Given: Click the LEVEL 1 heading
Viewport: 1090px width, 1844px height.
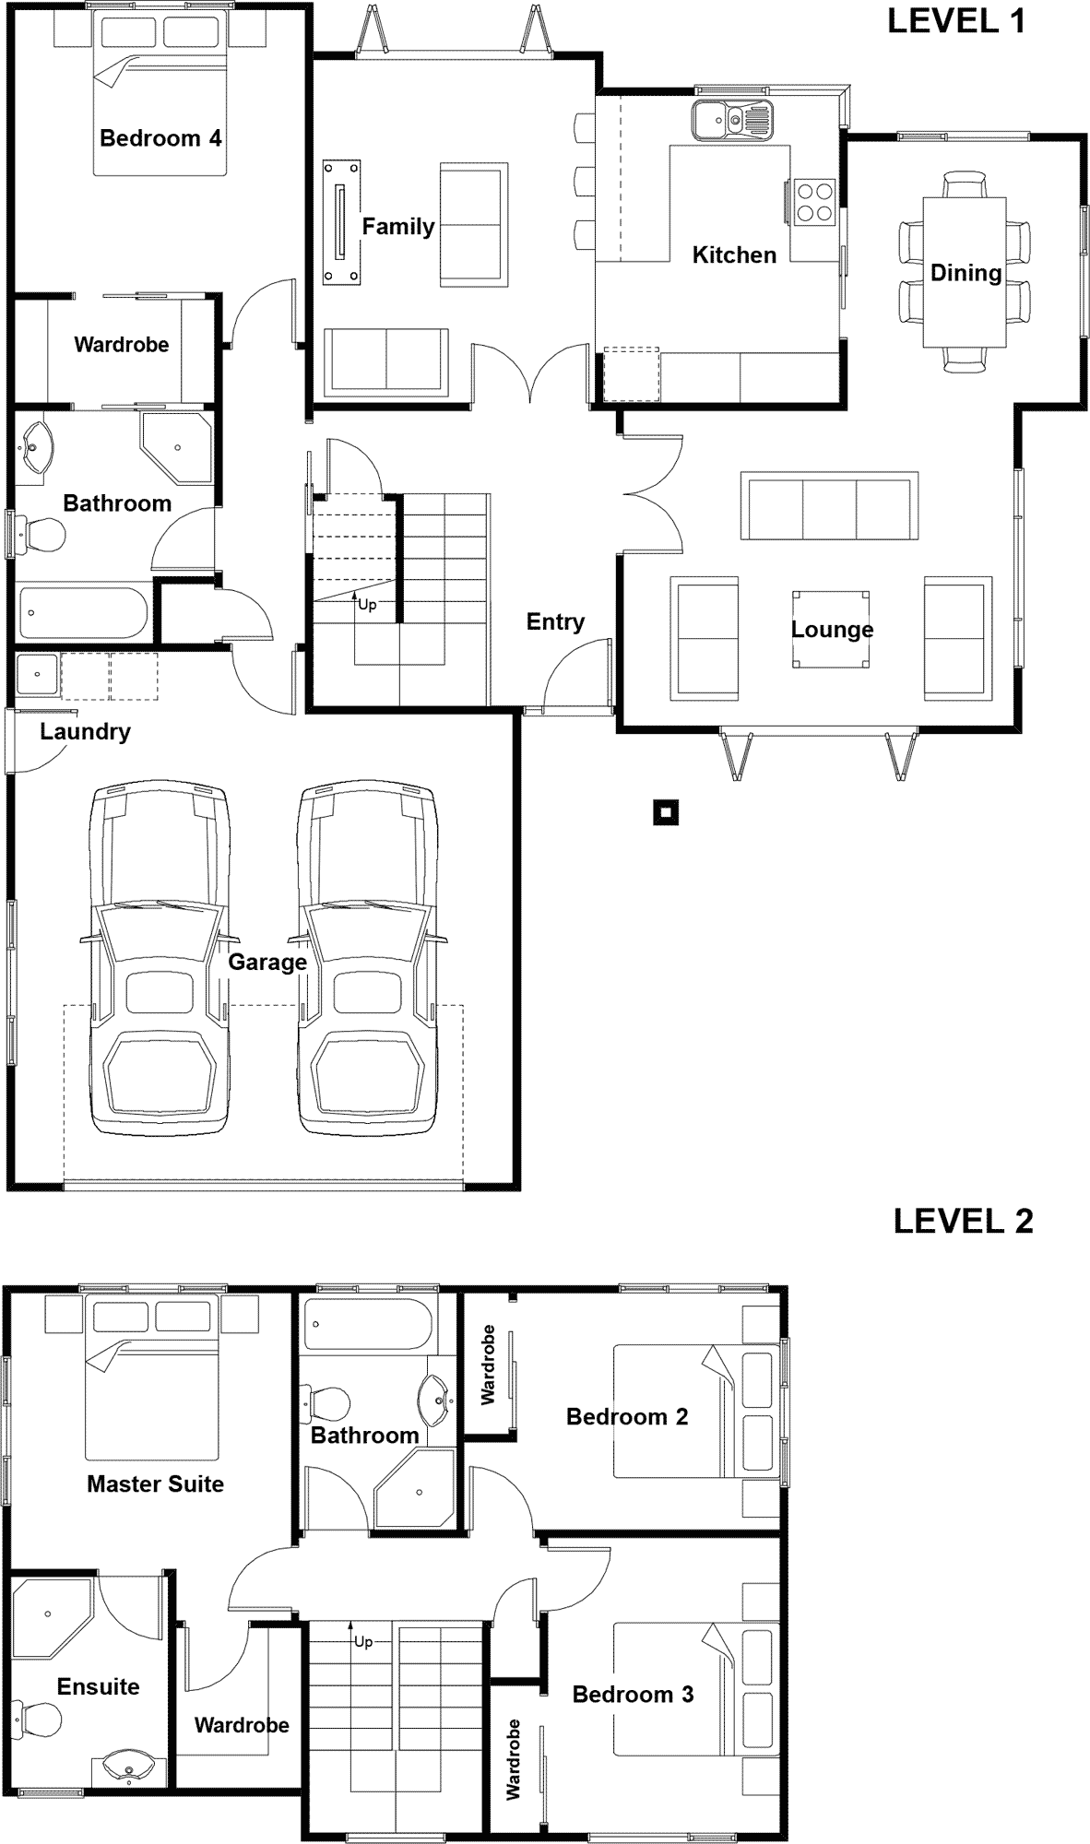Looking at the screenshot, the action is (x=956, y=21).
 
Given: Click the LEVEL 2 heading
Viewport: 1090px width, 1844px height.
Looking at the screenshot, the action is (x=963, y=1221).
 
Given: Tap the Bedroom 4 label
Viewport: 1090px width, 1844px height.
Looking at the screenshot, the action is (x=160, y=138).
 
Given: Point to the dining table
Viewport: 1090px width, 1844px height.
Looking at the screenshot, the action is (x=965, y=272).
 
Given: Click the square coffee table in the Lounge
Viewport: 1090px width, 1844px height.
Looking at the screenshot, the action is (x=831, y=629).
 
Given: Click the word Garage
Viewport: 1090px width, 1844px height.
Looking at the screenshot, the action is (x=267, y=963).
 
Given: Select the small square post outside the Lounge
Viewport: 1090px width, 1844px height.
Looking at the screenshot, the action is (x=666, y=812).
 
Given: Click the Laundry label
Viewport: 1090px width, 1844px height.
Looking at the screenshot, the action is (x=85, y=732).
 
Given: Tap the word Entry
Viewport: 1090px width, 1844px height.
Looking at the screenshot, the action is (x=555, y=622).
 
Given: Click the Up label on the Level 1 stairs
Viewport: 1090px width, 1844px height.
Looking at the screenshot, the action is (x=367, y=606).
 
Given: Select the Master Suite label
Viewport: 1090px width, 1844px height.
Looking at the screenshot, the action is (x=155, y=1484).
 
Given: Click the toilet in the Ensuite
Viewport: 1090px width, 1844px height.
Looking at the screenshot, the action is (x=40, y=1719).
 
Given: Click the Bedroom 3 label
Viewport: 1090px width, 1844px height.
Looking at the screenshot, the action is (x=633, y=1695).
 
